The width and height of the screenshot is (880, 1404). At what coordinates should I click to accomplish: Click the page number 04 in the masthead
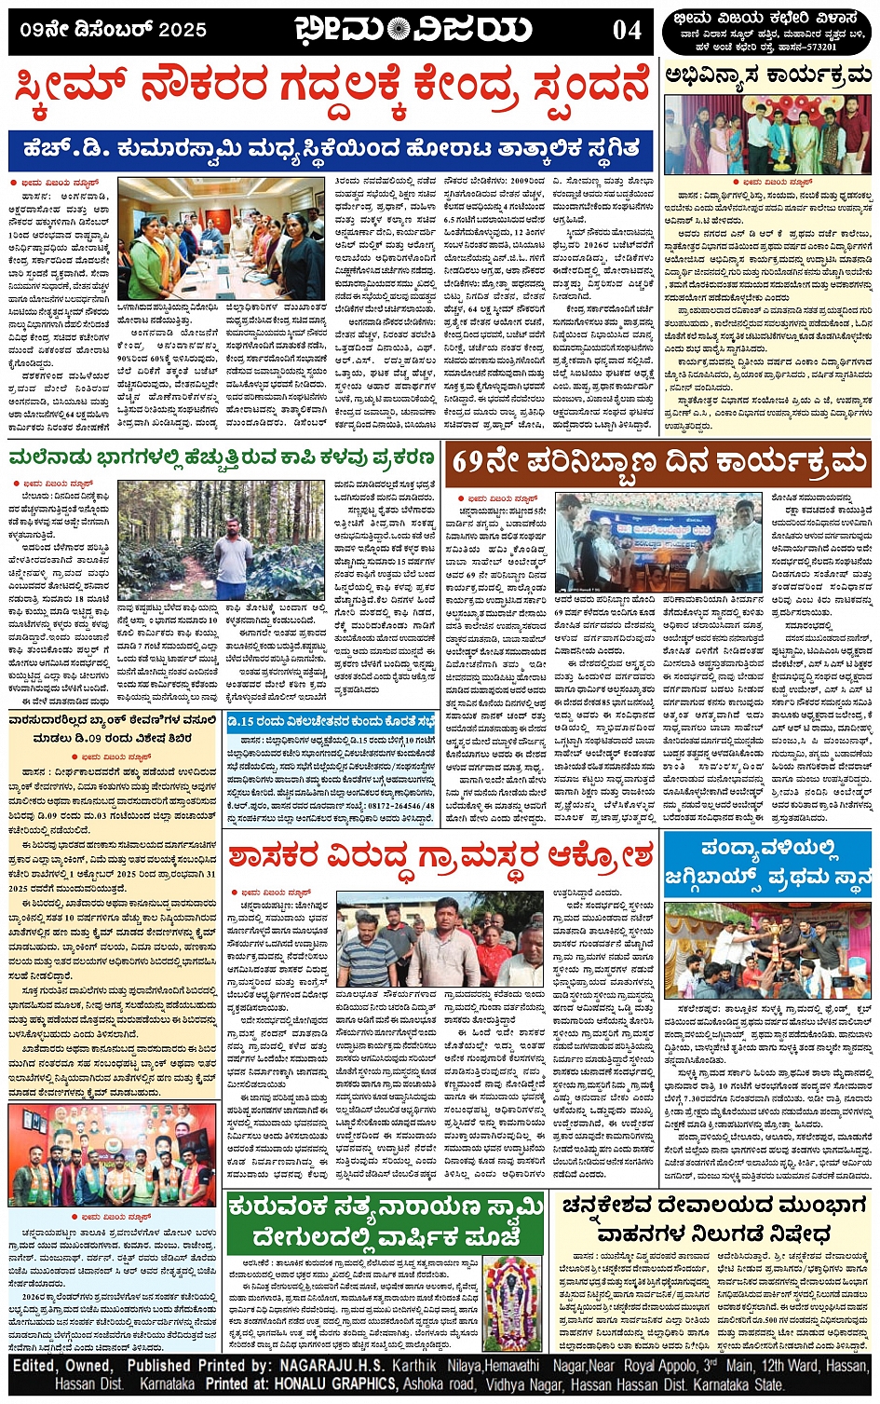coord(627,30)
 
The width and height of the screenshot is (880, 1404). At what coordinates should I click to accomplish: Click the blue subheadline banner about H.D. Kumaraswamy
coord(331,149)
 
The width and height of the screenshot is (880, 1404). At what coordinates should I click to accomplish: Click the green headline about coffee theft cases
coord(222,458)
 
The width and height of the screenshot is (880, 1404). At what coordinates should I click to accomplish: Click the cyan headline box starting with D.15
coord(331,722)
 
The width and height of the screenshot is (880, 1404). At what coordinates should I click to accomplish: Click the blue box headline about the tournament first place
coord(767,864)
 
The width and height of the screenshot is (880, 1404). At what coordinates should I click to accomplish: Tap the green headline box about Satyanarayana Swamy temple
coord(386,1222)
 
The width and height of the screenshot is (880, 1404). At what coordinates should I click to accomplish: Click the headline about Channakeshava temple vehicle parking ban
coord(713,1220)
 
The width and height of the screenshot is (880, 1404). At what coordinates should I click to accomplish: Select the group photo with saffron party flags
coord(112,1155)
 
